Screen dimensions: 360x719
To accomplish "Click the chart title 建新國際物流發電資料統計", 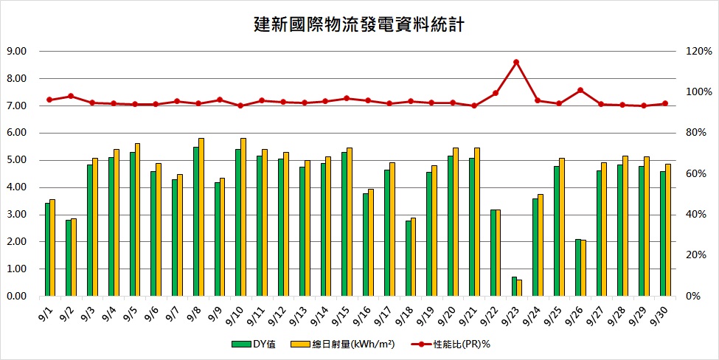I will tap(358, 25).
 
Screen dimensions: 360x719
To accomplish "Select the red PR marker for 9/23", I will tap(516, 62).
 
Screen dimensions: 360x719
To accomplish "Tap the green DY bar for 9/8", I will tap(196, 221).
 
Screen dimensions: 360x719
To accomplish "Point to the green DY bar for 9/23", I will tap(514, 287).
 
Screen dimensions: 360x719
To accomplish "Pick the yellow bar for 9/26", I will tap(584, 269).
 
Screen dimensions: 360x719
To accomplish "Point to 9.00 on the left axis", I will tap(16, 52).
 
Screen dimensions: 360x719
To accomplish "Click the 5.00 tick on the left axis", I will tap(16, 160).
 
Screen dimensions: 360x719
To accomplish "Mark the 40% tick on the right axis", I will tap(696, 215).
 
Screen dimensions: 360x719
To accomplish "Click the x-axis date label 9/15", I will tap(341, 314).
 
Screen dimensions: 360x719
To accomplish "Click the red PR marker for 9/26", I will tap(580, 90).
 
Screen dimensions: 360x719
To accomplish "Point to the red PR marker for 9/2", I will tap(71, 96).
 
